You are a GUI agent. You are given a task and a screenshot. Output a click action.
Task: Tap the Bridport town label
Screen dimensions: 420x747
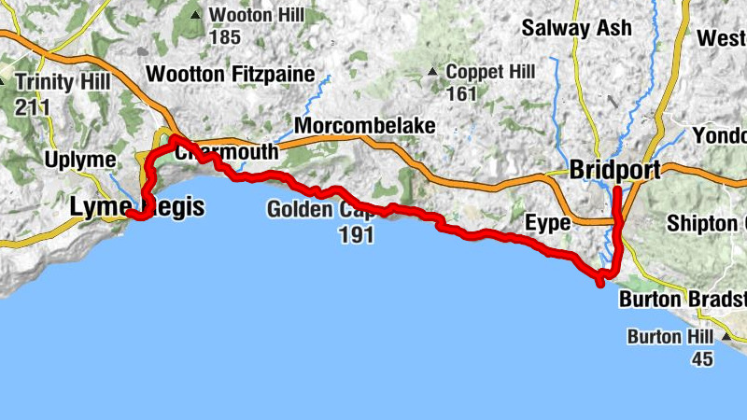click(614, 170)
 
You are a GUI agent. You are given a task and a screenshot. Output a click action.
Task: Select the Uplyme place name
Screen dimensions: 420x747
click(80, 161)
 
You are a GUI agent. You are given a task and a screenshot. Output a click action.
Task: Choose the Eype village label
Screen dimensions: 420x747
click(547, 222)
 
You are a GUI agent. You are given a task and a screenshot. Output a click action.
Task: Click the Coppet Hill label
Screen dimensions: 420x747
click(489, 73)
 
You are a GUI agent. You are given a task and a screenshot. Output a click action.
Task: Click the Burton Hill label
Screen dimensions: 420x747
click(670, 337)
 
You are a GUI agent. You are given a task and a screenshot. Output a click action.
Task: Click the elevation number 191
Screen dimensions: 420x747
click(357, 234)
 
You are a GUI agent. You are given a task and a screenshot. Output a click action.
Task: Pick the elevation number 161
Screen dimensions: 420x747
click(461, 94)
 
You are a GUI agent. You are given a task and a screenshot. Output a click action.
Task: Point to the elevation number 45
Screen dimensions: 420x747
click(702, 359)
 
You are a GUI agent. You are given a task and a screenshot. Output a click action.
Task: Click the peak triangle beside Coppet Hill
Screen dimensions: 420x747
click(432, 72)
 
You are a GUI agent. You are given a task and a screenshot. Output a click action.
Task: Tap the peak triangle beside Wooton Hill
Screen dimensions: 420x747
click(195, 15)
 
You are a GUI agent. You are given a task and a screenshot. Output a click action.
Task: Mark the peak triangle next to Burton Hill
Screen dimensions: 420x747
click(726, 335)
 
